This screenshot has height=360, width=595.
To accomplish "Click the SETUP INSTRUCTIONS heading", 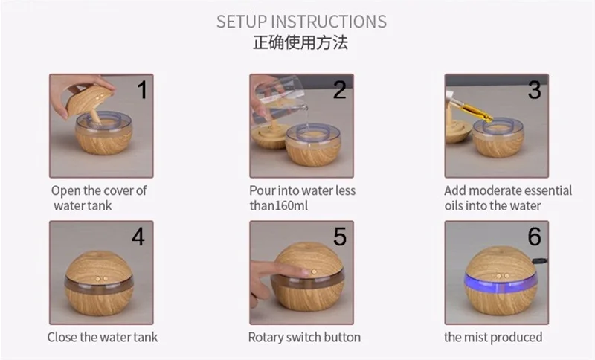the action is click(301, 22).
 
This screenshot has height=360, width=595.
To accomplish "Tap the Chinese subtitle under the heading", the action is click(300, 42).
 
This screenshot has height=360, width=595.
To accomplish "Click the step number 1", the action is click(142, 90).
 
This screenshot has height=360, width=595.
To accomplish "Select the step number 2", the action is click(340, 90).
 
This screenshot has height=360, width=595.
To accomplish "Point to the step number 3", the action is click(535, 90).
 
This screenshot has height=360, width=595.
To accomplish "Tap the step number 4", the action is click(138, 237).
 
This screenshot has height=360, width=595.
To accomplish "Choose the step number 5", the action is click(340, 237).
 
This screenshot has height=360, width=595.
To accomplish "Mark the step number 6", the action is click(535, 237).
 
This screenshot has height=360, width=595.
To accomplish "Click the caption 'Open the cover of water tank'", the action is click(99, 198).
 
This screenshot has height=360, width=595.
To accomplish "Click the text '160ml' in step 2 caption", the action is click(292, 205).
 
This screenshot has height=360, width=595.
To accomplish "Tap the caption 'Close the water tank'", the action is click(103, 337).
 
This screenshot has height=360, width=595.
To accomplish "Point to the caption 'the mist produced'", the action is click(493, 337).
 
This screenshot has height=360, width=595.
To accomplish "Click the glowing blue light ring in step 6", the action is click(501, 280).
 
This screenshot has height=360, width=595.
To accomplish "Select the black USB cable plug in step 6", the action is click(541, 261).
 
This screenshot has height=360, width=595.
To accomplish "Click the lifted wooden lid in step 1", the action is click(88, 100).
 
